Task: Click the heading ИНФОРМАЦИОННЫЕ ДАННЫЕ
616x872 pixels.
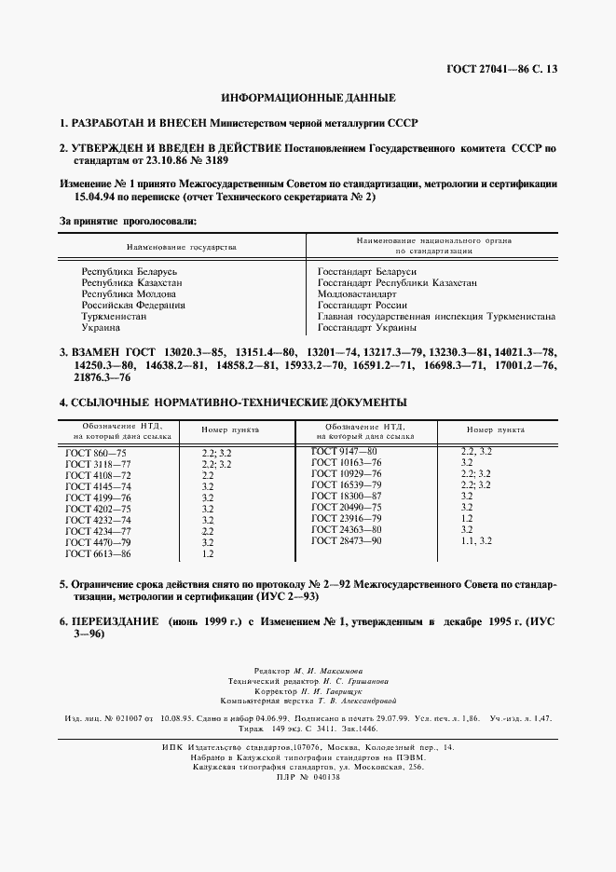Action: [x=308, y=98]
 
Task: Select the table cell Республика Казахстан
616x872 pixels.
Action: [x=131, y=282]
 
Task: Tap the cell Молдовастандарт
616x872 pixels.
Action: [x=357, y=293]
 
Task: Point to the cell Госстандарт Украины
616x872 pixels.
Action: [x=366, y=327]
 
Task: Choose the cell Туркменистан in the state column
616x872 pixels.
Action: [x=114, y=316]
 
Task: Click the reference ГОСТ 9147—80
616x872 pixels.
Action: [x=344, y=451]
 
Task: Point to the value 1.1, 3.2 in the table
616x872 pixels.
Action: [x=476, y=540]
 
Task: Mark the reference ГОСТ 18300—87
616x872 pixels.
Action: [x=347, y=496]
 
